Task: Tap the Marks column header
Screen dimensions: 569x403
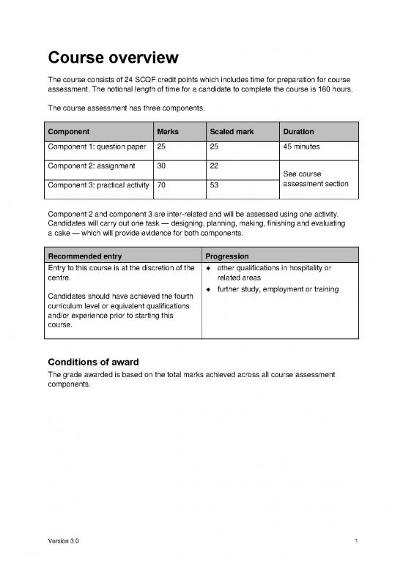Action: [x=168, y=132]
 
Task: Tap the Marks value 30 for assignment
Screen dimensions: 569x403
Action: [x=162, y=166]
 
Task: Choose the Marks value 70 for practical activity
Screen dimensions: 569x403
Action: [x=162, y=186]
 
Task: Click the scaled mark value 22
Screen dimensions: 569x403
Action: [x=214, y=166]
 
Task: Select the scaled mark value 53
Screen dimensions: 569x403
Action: [x=214, y=186]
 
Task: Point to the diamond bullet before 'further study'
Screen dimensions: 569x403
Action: [x=210, y=290]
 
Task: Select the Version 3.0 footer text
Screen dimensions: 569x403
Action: [x=64, y=540]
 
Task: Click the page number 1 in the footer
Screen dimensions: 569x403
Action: [x=355, y=540]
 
